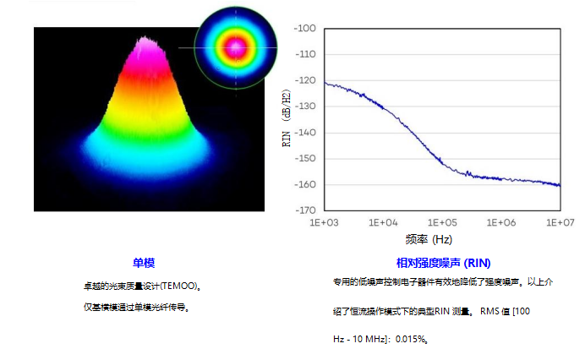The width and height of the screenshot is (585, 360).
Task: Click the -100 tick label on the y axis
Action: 304,29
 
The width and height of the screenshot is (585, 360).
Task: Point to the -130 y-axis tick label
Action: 304,106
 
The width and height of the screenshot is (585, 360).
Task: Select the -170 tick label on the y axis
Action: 304,210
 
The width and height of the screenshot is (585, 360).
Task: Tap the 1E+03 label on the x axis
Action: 325,222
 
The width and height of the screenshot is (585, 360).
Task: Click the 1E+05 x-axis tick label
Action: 442,222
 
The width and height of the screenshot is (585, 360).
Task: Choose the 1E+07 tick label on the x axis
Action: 560,222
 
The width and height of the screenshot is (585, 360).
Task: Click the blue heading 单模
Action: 144,263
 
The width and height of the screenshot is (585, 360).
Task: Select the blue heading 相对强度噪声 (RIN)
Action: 443,263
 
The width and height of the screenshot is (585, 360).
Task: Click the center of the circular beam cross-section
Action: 236,47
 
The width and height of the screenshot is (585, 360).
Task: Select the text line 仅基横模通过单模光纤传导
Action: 135,307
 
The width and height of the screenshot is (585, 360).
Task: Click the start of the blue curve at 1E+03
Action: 325,83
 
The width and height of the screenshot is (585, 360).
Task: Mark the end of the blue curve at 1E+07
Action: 560,185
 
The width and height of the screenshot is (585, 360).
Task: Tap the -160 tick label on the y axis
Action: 304,184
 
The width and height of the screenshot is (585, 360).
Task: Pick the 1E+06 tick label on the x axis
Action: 501,222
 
